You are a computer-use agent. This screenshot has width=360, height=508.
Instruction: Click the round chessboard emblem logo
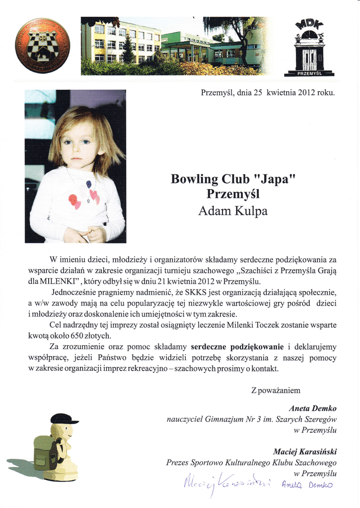42,46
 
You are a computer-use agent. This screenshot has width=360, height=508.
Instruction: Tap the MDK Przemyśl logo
309,49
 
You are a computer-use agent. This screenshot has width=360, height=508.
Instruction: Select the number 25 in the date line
257,92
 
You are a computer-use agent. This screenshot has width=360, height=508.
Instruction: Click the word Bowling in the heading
193,179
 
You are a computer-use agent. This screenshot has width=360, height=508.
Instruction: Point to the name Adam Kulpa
232,211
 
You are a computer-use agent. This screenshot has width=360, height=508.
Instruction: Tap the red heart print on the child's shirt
74,200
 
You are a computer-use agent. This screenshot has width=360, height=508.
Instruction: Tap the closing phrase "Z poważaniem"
276,390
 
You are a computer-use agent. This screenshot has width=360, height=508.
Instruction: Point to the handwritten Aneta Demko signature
306,485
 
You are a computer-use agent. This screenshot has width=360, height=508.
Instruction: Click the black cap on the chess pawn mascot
63,419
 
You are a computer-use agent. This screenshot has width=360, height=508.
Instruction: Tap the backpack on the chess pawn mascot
46,452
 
